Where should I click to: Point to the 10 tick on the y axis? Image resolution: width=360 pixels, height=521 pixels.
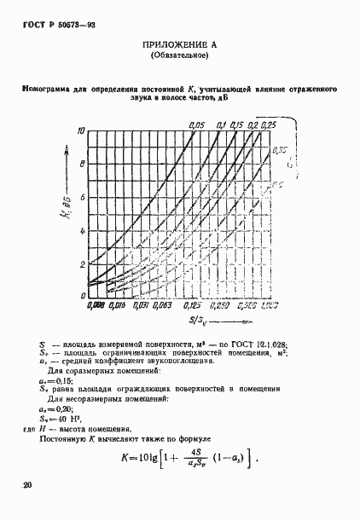pos(81,130)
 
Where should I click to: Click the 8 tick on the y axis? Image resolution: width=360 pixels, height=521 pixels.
pos(82,164)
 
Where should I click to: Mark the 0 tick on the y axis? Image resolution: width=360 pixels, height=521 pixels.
pos(82,295)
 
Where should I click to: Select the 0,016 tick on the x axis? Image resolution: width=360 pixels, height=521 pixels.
pos(117,304)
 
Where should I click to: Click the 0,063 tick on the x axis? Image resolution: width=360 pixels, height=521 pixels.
pos(165,304)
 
